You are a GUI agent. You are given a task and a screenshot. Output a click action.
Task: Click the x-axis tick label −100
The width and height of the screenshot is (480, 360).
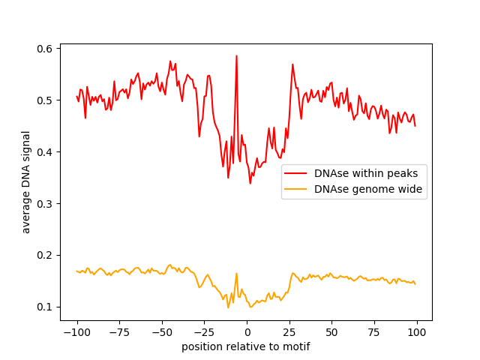pyautogui.click(x=76, y=332)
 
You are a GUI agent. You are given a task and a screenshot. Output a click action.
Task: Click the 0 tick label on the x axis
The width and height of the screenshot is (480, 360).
pyautogui.click(x=247, y=332)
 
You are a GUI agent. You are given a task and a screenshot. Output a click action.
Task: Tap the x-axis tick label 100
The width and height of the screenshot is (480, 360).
pyautogui.click(x=417, y=332)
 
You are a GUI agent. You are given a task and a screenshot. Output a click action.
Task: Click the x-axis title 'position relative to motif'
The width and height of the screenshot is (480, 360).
pyautogui.click(x=246, y=347)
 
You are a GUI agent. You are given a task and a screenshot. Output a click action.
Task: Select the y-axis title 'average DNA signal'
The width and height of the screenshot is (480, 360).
pyautogui.click(x=26, y=182)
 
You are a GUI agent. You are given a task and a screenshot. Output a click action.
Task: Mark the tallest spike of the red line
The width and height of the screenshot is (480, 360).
pyautogui.click(x=236, y=55)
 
